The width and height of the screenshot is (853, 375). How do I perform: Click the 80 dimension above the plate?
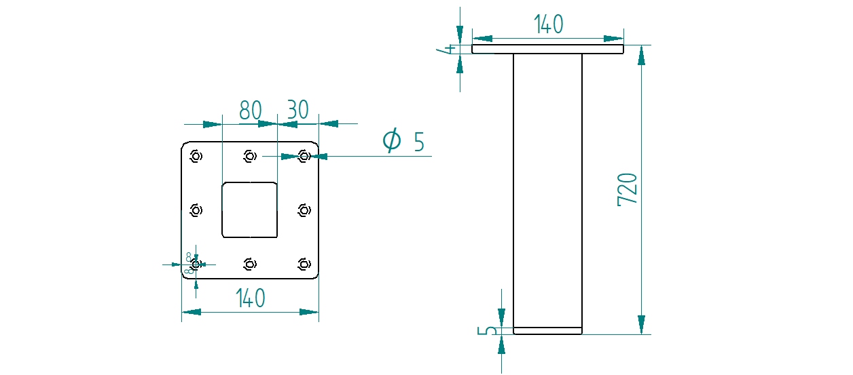[250, 110]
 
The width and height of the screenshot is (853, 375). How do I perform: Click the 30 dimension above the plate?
[297, 110]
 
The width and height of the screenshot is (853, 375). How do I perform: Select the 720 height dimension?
[628, 190]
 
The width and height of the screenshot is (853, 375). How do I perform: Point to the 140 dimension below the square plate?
[250, 298]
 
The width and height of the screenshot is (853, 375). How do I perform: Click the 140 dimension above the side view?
[549, 24]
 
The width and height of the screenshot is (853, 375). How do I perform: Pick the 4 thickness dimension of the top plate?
[448, 50]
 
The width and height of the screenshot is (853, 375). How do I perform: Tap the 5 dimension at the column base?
[487, 332]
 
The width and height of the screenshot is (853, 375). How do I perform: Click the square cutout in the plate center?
[250, 210]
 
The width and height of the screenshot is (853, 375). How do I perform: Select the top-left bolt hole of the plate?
[196, 157]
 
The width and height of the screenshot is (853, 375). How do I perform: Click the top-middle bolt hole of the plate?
[250, 157]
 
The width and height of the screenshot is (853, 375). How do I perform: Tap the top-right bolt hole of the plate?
[304, 157]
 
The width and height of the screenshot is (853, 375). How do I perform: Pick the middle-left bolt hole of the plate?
[196, 210]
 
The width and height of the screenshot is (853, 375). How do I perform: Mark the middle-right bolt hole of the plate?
[304, 210]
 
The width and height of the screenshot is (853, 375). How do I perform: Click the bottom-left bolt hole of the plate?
[196, 264]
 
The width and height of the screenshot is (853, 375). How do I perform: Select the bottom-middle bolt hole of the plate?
[250, 264]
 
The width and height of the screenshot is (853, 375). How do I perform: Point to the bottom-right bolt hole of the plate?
[304, 264]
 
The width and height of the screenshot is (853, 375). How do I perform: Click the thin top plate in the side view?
[547, 50]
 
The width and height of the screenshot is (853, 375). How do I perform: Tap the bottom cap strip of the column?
[547, 331]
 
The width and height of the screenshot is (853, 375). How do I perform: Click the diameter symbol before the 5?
[392, 141]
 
